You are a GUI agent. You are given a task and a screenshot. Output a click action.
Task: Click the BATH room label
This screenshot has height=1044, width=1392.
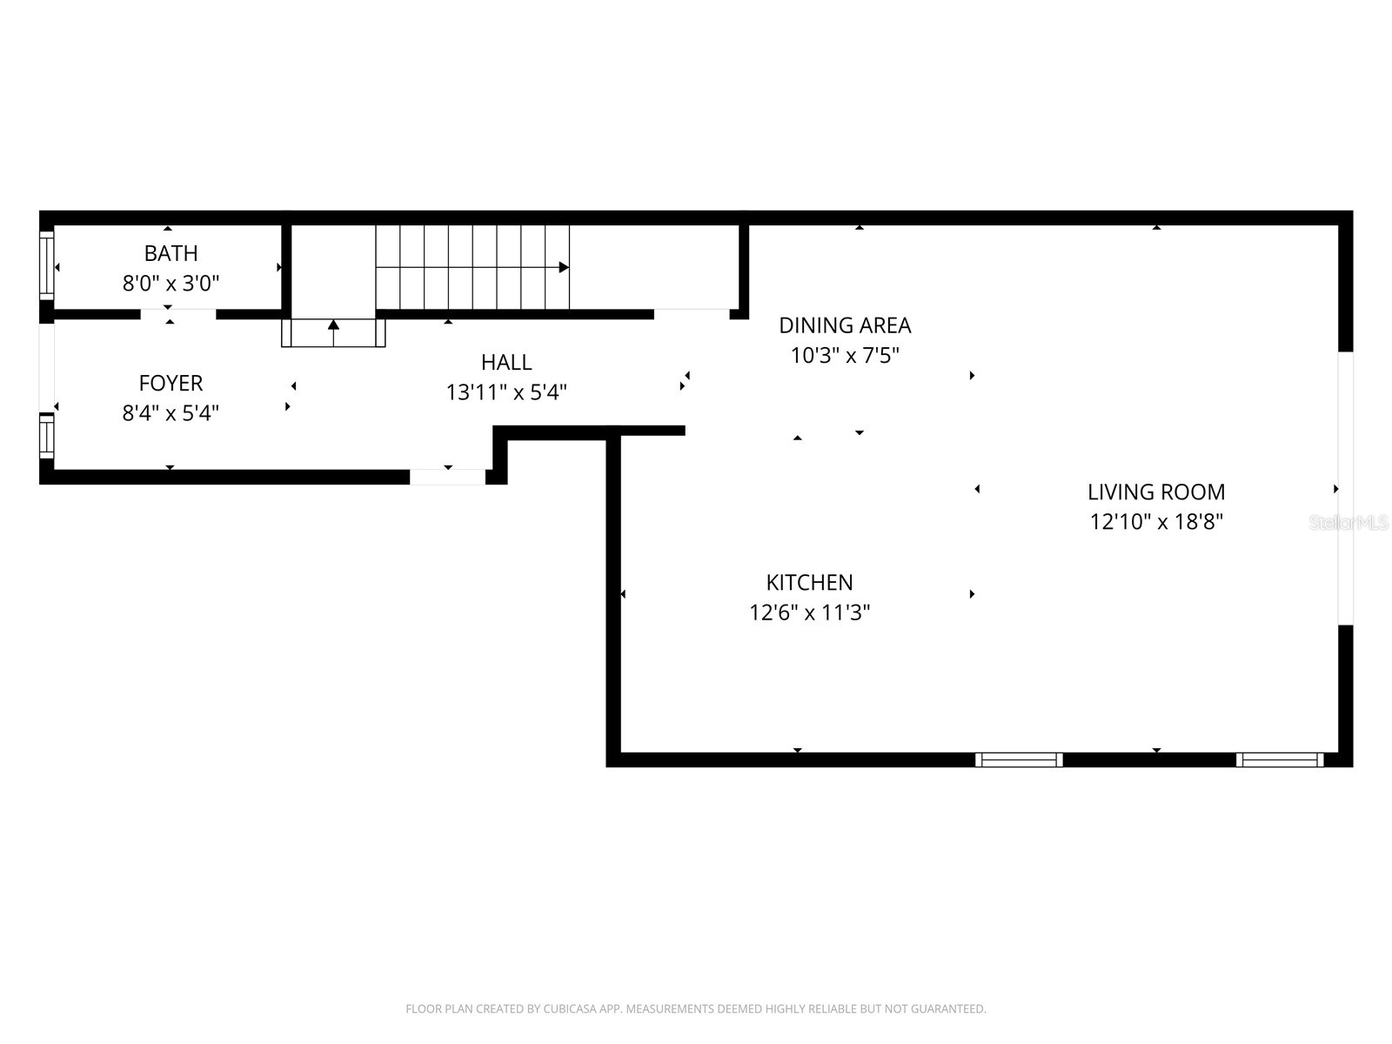171,253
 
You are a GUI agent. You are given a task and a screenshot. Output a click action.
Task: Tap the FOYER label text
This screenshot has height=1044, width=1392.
171,383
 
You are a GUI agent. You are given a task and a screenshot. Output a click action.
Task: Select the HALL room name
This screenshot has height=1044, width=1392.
506,362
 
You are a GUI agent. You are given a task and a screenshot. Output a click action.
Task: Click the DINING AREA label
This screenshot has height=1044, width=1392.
845,325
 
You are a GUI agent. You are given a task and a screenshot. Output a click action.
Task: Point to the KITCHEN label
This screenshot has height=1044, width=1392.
809,582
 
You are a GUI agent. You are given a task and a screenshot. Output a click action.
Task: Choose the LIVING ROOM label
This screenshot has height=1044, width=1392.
1156,492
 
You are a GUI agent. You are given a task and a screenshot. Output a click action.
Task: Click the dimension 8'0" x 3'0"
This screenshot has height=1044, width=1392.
171,283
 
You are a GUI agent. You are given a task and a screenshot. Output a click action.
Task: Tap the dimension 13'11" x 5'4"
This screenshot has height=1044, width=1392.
506,392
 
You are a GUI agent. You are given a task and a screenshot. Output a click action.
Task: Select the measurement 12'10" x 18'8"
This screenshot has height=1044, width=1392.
1156,522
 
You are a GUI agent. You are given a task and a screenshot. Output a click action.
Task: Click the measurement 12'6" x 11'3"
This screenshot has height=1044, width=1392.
809,612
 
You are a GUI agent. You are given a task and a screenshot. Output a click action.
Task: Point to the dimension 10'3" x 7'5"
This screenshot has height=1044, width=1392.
845,356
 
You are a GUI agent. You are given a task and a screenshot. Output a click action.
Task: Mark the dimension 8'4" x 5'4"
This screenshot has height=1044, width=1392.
171,412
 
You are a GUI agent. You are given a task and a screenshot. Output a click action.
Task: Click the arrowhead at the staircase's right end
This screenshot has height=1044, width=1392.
564,267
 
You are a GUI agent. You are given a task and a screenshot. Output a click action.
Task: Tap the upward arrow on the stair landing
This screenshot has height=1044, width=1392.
333,325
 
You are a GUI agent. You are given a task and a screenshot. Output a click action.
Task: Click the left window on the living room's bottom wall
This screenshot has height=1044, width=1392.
1019,760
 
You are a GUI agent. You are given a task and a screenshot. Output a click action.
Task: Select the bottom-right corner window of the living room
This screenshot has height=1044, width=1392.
1280,760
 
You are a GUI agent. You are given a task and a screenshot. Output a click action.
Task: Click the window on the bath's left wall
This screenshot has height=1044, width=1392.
47,264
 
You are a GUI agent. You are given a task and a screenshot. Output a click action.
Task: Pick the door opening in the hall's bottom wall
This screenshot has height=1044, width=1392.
447,477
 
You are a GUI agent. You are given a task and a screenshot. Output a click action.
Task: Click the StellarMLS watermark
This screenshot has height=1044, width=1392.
1348,522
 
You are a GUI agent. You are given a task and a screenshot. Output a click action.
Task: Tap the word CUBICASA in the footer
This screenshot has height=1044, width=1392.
569,1009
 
